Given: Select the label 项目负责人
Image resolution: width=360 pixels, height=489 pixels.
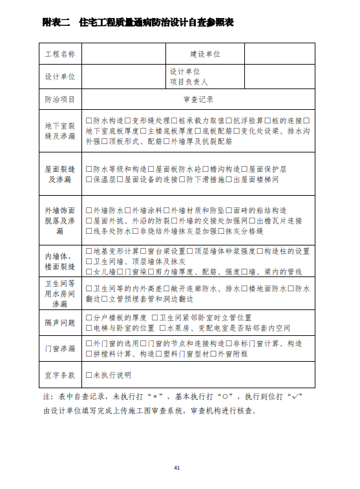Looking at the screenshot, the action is click(189, 82).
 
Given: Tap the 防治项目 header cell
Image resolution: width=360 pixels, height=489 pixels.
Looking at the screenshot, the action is click(60, 99).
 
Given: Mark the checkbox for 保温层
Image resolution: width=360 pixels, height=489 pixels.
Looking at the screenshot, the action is click(89, 179).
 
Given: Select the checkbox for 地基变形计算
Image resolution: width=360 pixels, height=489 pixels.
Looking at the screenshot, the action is click(89, 251).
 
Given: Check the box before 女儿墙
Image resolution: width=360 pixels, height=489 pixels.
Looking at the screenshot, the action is click(89, 271).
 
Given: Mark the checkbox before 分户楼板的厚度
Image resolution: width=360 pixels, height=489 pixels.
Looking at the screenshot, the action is click(89, 318).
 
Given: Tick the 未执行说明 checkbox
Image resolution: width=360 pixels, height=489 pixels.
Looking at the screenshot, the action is click(89, 375).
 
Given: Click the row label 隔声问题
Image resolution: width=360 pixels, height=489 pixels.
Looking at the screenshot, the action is click(60, 322).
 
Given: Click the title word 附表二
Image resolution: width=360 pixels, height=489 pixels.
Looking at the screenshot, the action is click(56, 22).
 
